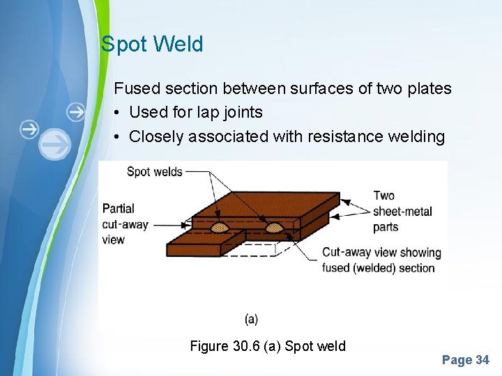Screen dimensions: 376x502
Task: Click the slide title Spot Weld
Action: pos(152,45)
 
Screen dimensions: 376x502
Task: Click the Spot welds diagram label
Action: pos(154,171)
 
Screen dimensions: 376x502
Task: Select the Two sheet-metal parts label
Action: pos(402,211)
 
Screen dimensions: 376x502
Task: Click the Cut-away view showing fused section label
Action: pos(381,260)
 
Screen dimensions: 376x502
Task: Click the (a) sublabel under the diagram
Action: pos(251,319)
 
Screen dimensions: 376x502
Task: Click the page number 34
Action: pos(482,360)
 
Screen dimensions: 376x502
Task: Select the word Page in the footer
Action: pos(457,360)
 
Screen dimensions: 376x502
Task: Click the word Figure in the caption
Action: pos(208,346)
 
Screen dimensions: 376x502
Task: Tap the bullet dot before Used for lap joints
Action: pos(119,113)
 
